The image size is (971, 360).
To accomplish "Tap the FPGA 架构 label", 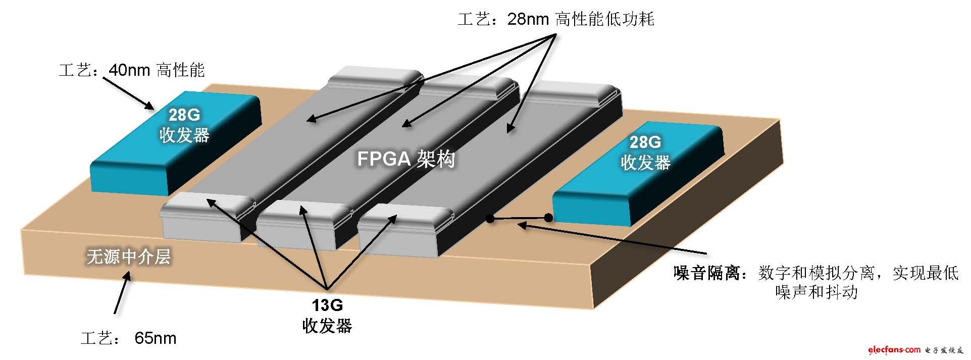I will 406,159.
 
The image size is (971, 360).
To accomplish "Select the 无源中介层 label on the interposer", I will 129,256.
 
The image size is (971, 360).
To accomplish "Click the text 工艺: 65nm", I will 129,338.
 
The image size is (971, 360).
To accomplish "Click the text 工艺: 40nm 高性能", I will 132,70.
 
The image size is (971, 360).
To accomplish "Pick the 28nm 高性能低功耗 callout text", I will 556,19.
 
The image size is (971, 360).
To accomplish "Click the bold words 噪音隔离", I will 706,273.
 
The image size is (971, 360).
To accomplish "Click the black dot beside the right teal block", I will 548,218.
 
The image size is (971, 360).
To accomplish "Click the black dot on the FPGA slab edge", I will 489,218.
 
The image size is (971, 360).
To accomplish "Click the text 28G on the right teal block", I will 645,142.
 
